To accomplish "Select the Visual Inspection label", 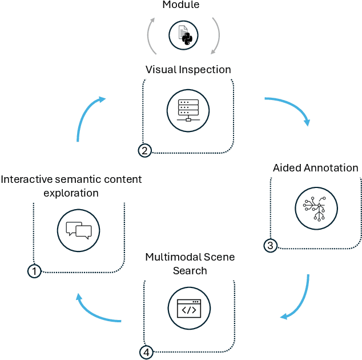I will [188, 70].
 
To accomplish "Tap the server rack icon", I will [188, 110].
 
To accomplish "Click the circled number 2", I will [145, 151].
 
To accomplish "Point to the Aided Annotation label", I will [315, 168].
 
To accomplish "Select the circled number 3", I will [271, 246].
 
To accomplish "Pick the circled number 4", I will [147, 352].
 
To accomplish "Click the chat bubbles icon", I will [79, 230].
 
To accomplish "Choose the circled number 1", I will [34, 271].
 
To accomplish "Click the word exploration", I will [71, 193].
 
